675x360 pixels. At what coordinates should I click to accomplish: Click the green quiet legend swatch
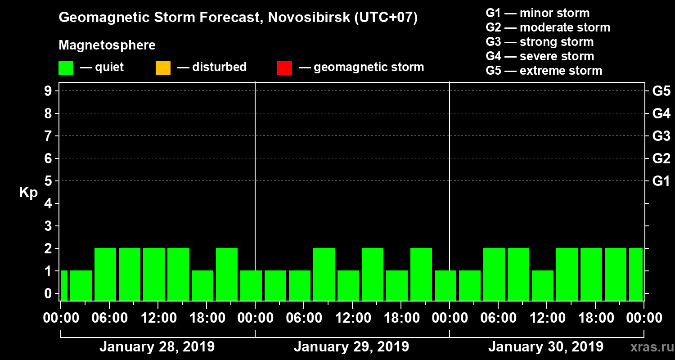coord(66,68)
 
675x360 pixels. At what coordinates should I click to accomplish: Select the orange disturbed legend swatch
coord(163,68)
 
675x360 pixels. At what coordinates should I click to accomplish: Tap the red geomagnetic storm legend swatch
coord(284,68)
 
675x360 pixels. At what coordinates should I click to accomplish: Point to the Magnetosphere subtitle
coord(107,45)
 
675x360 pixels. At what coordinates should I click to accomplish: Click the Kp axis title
coord(28,193)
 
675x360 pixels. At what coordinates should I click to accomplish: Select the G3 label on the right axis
coord(661,136)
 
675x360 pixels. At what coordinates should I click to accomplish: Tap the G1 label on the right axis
coord(661,181)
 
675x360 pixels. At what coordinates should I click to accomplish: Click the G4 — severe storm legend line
coord(540,56)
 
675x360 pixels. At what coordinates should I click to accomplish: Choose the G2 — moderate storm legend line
coord(548,27)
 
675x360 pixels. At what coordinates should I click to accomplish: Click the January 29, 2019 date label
coord(351,347)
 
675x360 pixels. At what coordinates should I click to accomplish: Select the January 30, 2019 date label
coord(546,347)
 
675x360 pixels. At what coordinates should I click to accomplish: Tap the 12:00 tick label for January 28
coord(158,318)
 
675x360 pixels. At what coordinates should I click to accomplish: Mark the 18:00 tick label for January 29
coord(401,318)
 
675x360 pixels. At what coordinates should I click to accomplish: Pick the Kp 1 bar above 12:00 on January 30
coord(543,285)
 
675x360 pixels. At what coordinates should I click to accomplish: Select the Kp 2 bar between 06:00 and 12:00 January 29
coord(324,274)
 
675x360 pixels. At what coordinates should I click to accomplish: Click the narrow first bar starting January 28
coord(64,285)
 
